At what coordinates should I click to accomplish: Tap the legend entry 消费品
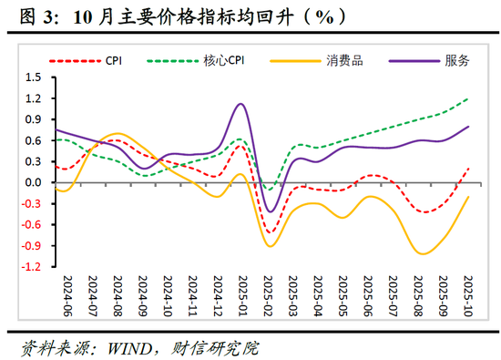click(x=340, y=61)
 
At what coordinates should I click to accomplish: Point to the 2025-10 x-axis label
click(x=468, y=295)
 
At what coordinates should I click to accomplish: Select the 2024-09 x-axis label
click(x=142, y=295)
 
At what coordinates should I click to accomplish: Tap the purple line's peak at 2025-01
click(x=240, y=104)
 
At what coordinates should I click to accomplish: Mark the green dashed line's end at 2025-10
click(x=469, y=98)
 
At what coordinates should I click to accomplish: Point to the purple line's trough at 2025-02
click(x=269, y=211)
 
